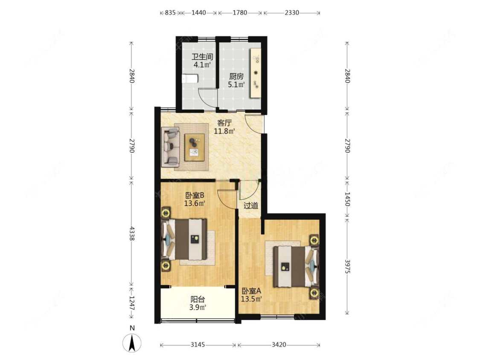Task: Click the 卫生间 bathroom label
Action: (202, 57)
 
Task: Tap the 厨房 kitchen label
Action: (236, 76)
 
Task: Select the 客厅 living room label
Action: (224, 123)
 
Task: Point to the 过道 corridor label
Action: (251, 206)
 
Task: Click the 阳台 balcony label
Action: (198, 299)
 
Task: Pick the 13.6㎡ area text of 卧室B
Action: (195, 203)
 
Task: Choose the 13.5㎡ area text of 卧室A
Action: (251, 299)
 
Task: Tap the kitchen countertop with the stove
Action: (256, 73)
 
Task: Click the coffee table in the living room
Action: (195, 147)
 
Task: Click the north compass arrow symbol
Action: (132, 343)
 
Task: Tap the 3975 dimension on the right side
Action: (347, 266)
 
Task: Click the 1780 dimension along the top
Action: (240, 12)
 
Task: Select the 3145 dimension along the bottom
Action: (198, 345)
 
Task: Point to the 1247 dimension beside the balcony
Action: (132, 303)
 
